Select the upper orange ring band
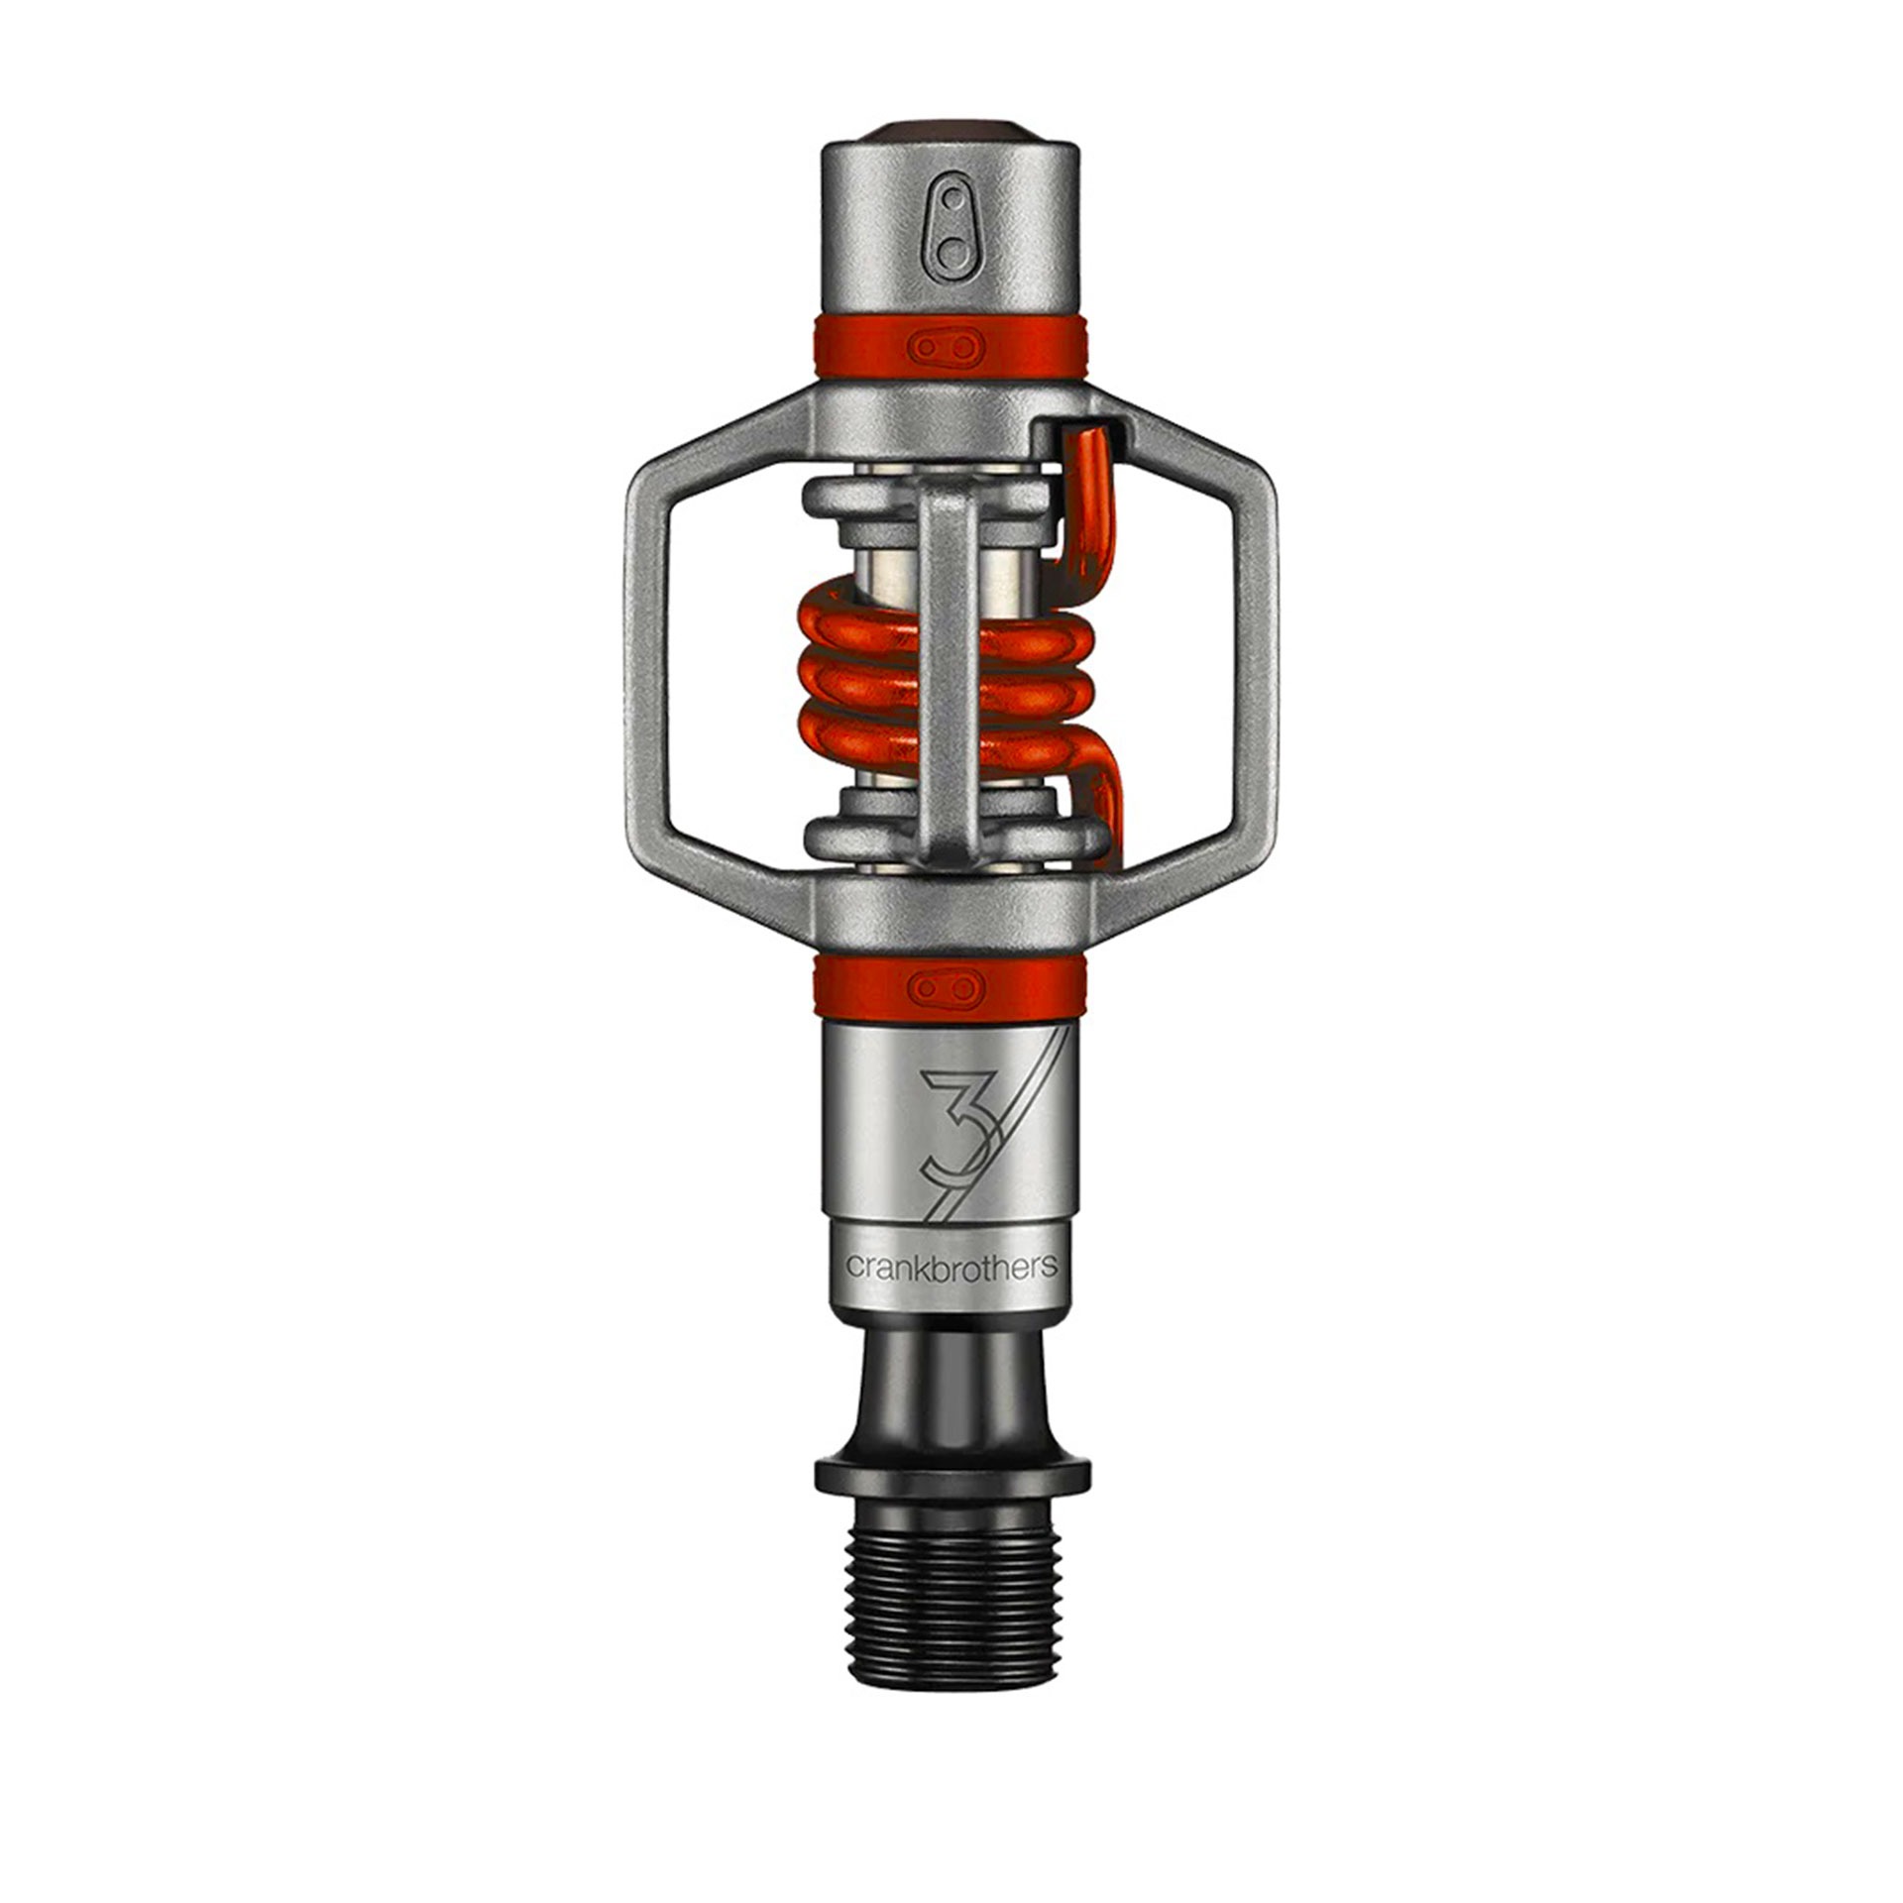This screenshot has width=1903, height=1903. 951,348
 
